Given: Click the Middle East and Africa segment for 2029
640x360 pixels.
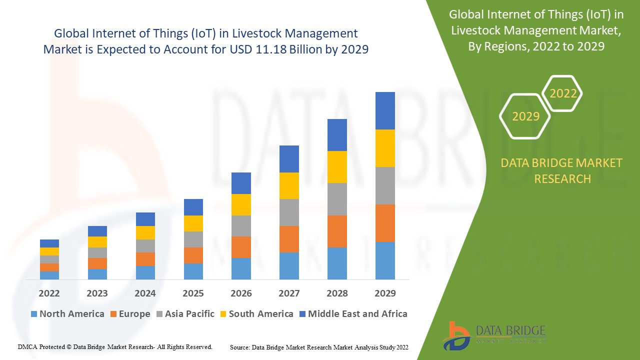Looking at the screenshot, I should [385, 110].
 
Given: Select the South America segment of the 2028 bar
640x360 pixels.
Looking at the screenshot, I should [337, 166].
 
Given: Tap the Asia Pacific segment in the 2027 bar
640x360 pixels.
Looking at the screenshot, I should [289, 212].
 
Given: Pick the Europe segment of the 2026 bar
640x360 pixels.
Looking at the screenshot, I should [241, 247].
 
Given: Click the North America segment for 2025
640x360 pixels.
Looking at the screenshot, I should [193, 271].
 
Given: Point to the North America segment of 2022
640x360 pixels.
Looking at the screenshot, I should [49, 275].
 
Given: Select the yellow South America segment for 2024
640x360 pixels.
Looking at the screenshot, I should [145, 232].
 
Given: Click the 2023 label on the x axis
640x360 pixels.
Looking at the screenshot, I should [97, 293].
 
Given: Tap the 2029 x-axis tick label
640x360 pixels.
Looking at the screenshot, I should [385, 293].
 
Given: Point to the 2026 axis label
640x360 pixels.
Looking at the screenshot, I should [241, 293].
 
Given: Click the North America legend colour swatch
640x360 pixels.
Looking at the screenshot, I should [34, 314].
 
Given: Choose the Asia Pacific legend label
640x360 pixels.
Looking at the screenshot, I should [189, 314].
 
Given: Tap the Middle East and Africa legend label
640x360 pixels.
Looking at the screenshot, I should [357, 314].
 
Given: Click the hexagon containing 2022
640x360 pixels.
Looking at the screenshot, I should [563, 93].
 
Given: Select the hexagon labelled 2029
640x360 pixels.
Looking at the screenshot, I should [525, 116].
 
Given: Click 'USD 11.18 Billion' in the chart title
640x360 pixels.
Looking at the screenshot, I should [285, 49].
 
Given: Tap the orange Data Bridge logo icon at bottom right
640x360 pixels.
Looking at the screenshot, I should [455, 335].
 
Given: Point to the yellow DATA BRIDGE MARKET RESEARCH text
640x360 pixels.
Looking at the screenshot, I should [562, 170].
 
